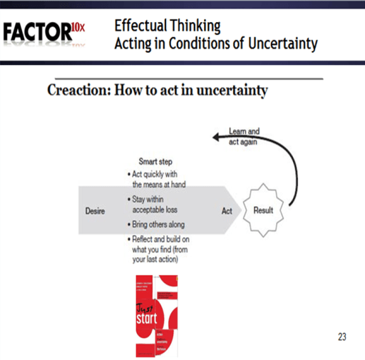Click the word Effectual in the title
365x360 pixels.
(x=142, y=26)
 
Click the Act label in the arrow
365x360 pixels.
(x=227, y=211)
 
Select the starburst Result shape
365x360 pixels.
(x=267, y=211)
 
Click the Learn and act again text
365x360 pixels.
(x=244, y=136)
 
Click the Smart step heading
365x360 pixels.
(x=155, y=162)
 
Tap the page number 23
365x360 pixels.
(x=341, y=337)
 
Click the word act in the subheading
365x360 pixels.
(x=162, y=91)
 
